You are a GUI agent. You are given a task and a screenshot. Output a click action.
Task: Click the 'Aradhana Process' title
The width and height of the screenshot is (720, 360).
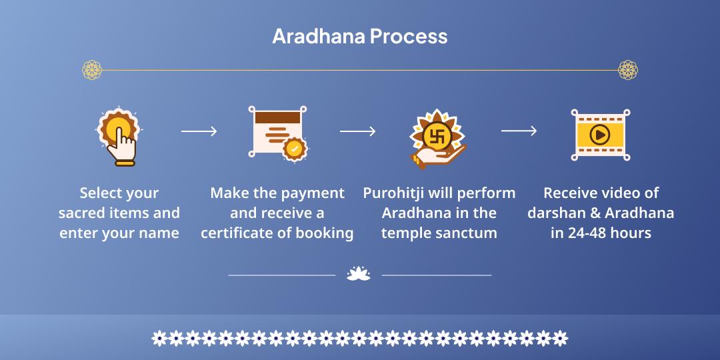click(x=359, y=36)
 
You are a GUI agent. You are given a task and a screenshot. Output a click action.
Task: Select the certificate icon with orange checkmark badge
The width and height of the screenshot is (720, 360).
click(x=275, y=131)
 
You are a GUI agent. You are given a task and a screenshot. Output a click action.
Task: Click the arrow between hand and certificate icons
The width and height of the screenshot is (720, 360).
click(x=199, y=131)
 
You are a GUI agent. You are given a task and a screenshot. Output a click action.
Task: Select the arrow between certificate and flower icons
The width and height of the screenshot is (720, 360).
click(x=357, y=131)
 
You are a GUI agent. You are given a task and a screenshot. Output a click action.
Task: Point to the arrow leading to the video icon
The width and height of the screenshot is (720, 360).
click(x=519, y=131)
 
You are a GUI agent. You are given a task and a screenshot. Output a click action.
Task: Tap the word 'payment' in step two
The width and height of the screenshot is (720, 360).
click(x=313, y=193)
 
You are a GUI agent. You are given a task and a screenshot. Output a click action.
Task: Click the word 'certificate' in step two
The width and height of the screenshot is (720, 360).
click(x=237, y=233)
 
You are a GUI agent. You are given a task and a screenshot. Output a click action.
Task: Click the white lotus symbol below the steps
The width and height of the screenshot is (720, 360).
click(x=359, y=273)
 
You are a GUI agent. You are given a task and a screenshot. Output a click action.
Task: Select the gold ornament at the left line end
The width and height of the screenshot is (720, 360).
click(x=92, y=69)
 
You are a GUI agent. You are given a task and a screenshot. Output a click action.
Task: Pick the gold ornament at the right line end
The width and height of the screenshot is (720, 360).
click(x=628, y=69)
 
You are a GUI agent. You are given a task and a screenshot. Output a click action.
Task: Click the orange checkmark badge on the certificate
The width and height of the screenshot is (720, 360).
click(x=294, y=148)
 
